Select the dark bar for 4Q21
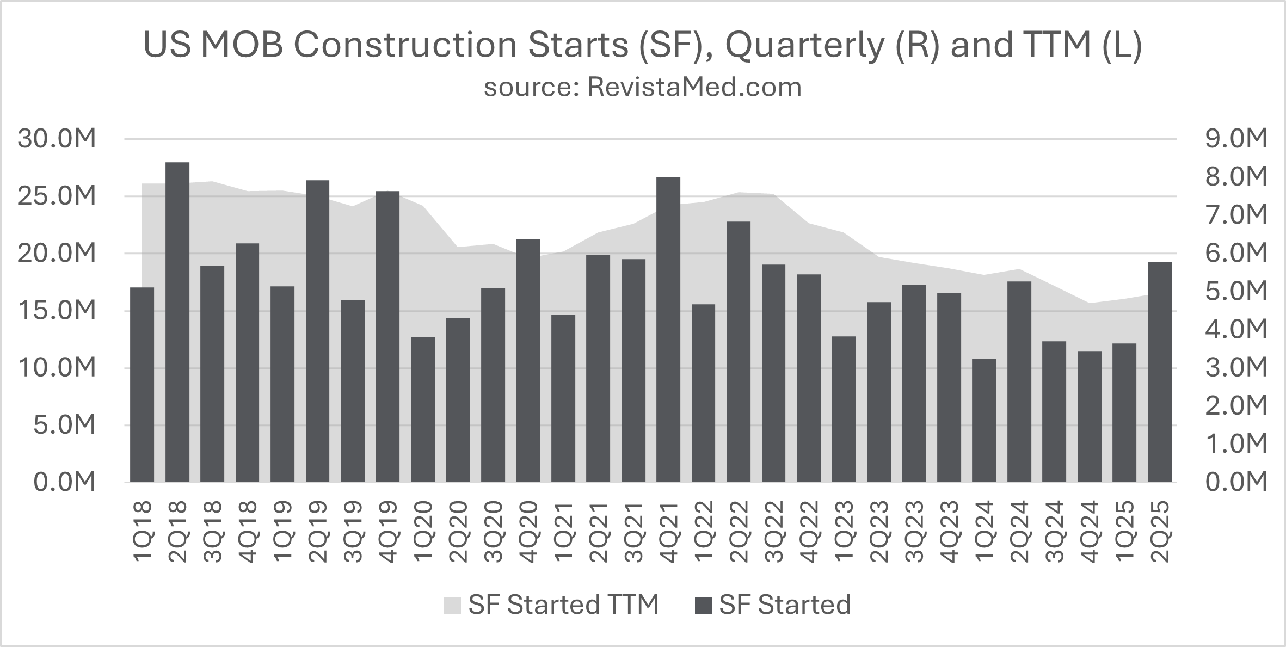click(x=668, y=329)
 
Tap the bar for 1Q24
click(x=984, y=420)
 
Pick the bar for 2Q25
click(x=1159, y=372)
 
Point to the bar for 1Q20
click(x=423, y=409)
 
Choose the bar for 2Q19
click(x=318, y=331)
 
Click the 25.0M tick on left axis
click(x=57, y=196)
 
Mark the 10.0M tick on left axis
click(x=57, y=368)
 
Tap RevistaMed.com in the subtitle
click(x=694, y=87)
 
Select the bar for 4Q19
click(x=387, y=336)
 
